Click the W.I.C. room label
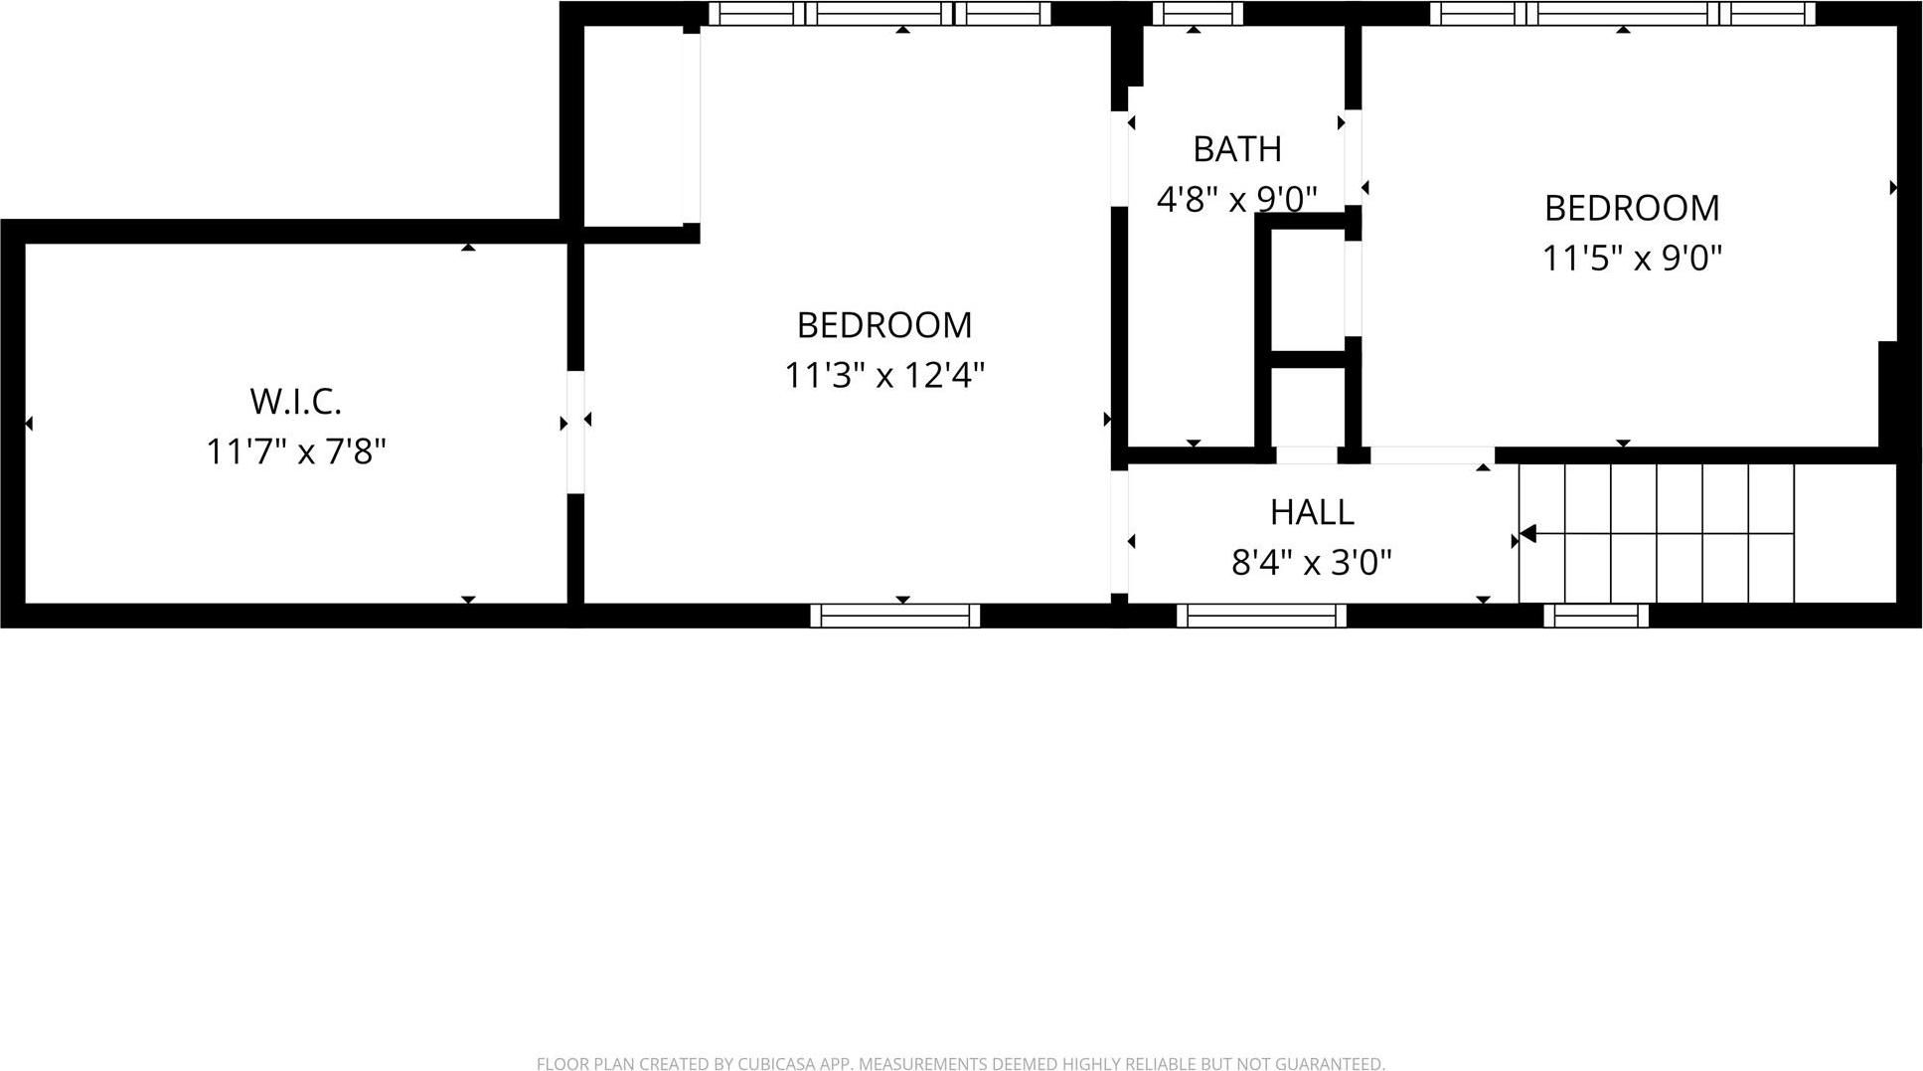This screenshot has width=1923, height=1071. [x=296, y=402]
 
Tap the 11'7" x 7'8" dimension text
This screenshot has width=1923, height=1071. [x=296, y=451]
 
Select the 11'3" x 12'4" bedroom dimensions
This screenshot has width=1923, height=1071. [x=884, y=376]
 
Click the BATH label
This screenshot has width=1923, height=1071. [x=1237, y=149]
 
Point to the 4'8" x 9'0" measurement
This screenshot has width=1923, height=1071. [x=1237, y=199]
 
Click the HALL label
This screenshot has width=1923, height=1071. [x=1312, y=512]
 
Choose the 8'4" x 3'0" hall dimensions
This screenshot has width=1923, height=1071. [x=1312, y=563]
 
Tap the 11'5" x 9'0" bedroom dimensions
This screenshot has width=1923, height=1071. [x=1632, y=259]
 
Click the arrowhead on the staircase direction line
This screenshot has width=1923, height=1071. [x=1527, y=534]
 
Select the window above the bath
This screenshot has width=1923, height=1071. [x=1197, y=14]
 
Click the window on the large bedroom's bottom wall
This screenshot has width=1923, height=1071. [x=895, y=616]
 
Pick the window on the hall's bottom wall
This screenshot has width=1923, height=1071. [x=1261, y=616]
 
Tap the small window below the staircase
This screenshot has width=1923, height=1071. [x=1596, y=616]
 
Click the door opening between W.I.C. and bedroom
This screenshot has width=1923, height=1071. [x=575, y=432]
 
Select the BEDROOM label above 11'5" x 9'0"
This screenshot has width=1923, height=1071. [x=1632, y=208]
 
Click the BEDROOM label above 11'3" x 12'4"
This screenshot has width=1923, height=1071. [x=884, y=325]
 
